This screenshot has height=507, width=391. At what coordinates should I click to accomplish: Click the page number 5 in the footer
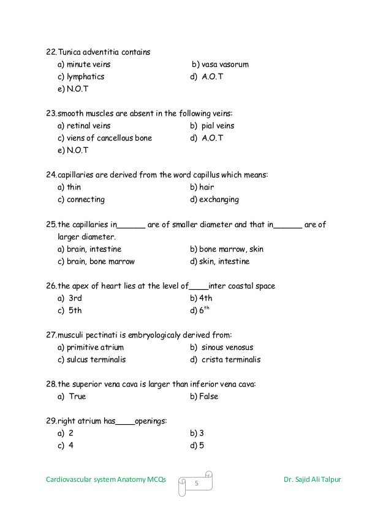pyautogui.click(x=197, y=485)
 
